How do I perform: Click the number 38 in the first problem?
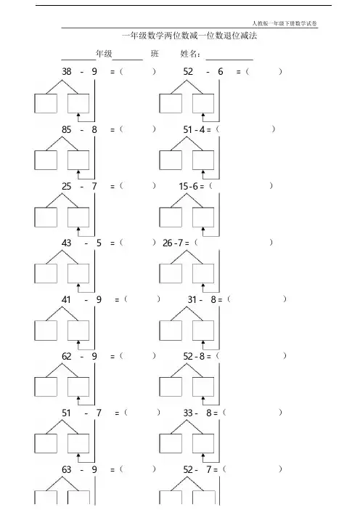click(67, 71)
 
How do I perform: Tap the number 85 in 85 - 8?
click(67, 129)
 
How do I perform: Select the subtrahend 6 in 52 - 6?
click(221, 71)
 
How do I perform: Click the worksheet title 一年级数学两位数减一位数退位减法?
click(189, 36)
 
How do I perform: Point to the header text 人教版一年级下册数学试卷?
click(285, 23)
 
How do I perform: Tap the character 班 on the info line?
click(155, 53)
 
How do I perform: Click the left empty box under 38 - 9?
click(46, 103)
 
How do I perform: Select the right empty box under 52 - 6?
click(203, 103)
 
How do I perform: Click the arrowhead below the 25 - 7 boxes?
click(78, 230)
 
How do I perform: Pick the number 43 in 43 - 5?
click(67, 243)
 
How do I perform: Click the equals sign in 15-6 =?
click(202, 187)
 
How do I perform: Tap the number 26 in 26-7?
click(168, 243)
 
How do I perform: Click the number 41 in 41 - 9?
click(66, 299)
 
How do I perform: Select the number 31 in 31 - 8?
click(192, 299)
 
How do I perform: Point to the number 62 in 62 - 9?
click(67, 356)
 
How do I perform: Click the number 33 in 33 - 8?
click(188, 413)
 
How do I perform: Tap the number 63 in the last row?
click(67, 469)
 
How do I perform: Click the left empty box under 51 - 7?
click(46, 444)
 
